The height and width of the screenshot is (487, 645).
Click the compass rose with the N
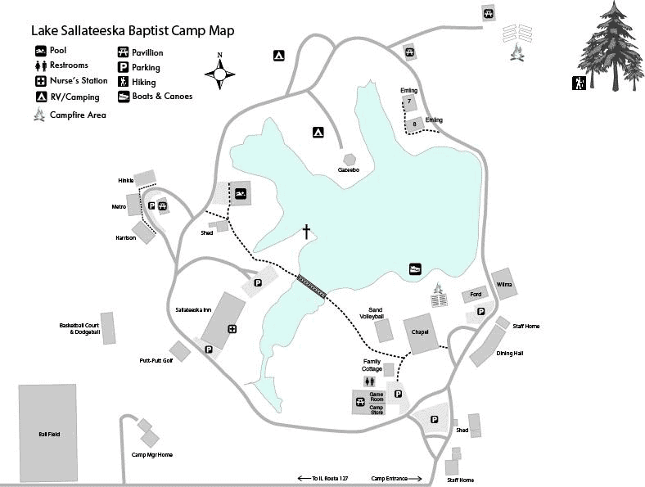pos(219,74)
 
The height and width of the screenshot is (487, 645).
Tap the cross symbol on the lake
pos(307,232)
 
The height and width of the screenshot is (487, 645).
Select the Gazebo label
pos(350,169)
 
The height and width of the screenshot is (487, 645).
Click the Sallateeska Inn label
pos(193,310)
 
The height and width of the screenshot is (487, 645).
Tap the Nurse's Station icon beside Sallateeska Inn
pos(233,329)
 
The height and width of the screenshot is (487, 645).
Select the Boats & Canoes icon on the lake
pos(415,269)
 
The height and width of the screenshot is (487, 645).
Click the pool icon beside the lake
pos(241,194)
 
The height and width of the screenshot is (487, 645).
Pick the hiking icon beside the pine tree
pos(580,83)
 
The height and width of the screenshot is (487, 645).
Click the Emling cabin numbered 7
pos(408,101)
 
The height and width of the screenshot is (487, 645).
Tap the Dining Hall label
pos(509,354)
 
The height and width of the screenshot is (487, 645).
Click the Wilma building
pos(503,282)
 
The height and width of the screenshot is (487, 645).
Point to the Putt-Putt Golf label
pos(156,360)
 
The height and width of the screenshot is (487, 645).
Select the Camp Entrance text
pos(389,479)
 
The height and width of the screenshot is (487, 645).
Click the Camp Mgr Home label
pos(152,454)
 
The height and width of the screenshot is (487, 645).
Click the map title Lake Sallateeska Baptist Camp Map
pos(133,31)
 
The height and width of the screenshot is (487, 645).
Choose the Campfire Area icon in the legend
pos(38,115)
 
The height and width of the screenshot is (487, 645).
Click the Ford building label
pos(476,294)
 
